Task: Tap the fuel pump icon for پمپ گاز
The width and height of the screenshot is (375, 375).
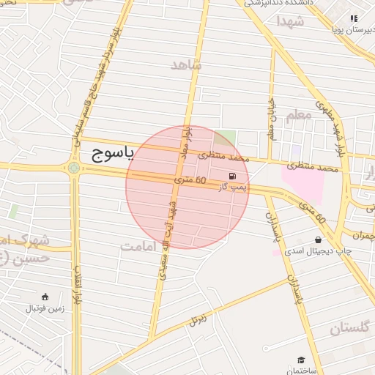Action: pos(232,176)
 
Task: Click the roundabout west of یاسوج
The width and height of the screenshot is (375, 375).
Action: pos(74,168)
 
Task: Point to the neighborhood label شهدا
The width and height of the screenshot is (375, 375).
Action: pos(291,21)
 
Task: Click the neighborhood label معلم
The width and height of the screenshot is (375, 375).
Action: pos(299,115)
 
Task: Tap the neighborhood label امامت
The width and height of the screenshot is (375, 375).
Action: pos(138,246)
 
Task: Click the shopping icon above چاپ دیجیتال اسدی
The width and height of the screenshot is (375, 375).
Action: pos(319,240)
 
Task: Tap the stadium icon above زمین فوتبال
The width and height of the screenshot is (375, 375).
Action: pos(45,297)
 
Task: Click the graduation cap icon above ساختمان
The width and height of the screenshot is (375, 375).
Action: pos(301,360)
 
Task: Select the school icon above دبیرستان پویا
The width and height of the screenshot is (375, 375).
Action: pos(354,18)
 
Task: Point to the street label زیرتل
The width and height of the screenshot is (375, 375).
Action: pos(198,319)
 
